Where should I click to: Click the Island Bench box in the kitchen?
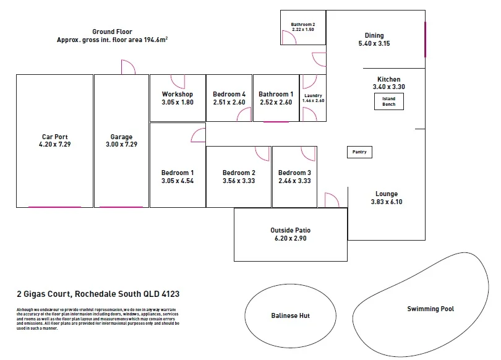(x=388, y=102)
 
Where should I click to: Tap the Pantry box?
(x=359, y=152)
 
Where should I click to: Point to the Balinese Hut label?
(x=290, y=315)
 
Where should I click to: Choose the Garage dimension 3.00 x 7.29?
(x=121, y=145)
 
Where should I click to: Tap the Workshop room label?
(x=178, y=94)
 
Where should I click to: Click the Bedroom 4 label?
(x=229, y=94)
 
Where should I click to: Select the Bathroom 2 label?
(x=303, y=24)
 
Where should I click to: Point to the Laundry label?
(x=313, y=95)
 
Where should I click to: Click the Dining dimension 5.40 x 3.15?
(x=374, y=44)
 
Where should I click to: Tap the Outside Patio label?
(x=290, y=230)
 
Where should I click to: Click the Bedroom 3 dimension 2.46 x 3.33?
(x=294, y=181)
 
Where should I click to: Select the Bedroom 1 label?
(x=178, y=173)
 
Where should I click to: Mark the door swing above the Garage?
(x=128, y=67)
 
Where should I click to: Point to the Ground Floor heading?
(x=112, y=32)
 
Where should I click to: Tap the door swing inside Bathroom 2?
(x=288, y=38)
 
